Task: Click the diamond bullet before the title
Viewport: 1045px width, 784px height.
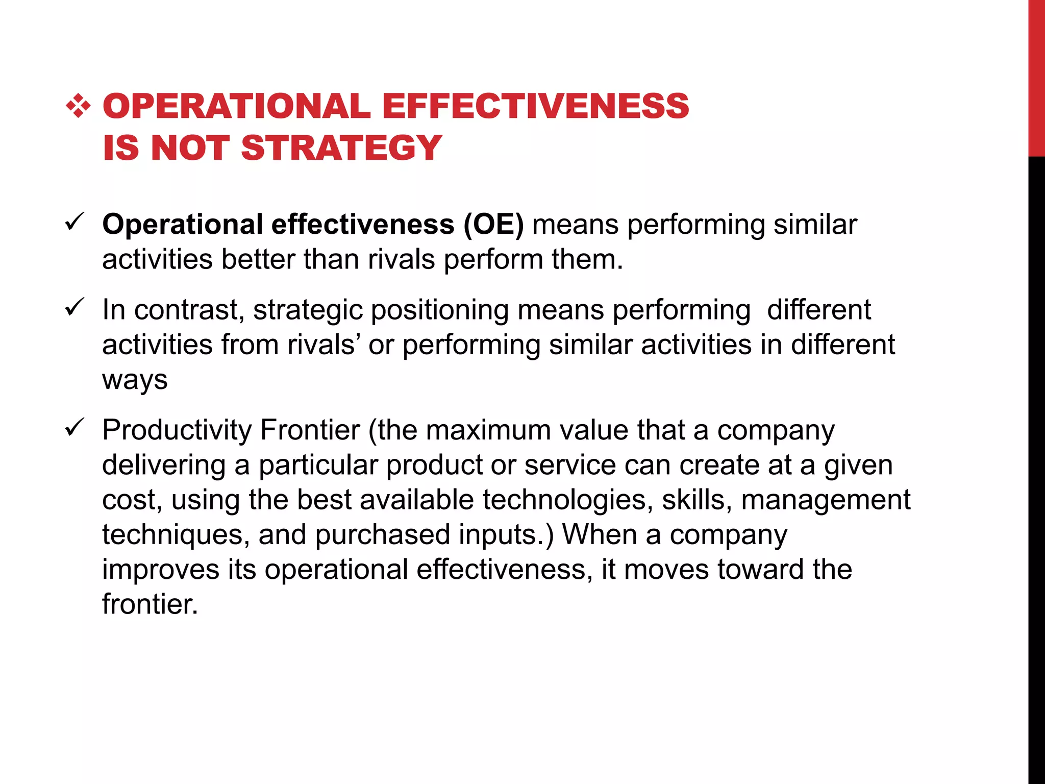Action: pyautogui.click(x=78, y=106)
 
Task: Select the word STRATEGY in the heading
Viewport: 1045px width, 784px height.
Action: pyautogui.click(x=341, y=148)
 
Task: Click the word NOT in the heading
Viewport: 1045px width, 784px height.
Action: pyautogui.click(x=189, y=148)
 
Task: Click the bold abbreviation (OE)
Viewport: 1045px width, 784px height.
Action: pyautogui.click(x=493, y=225)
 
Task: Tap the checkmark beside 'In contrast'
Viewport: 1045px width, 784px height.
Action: pyautogui.click(x=74, y=307)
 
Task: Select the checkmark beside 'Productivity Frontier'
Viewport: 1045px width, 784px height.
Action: pyautogui.click(x=74, y=427)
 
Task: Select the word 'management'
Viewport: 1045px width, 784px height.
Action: pyautogui.click(x=825, y=500)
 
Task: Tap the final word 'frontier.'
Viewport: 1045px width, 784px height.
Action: pyautogui.click(x=150, y=604)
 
